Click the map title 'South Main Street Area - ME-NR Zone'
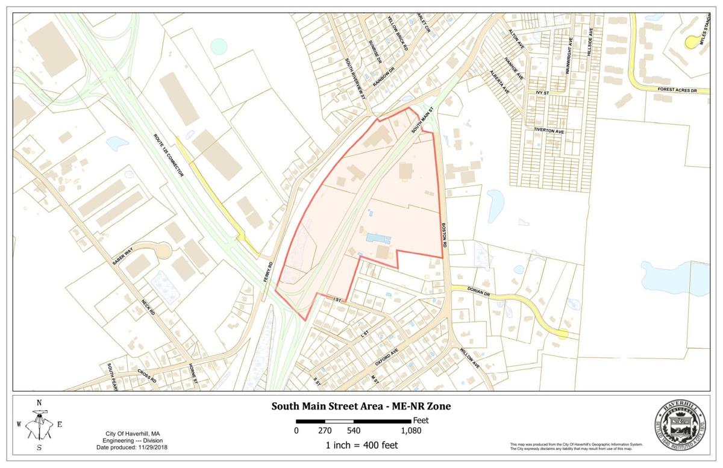click(x=361, y=407)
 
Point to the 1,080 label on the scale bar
click(x=411, y=431)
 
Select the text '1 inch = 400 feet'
click(x=360, y=446)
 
